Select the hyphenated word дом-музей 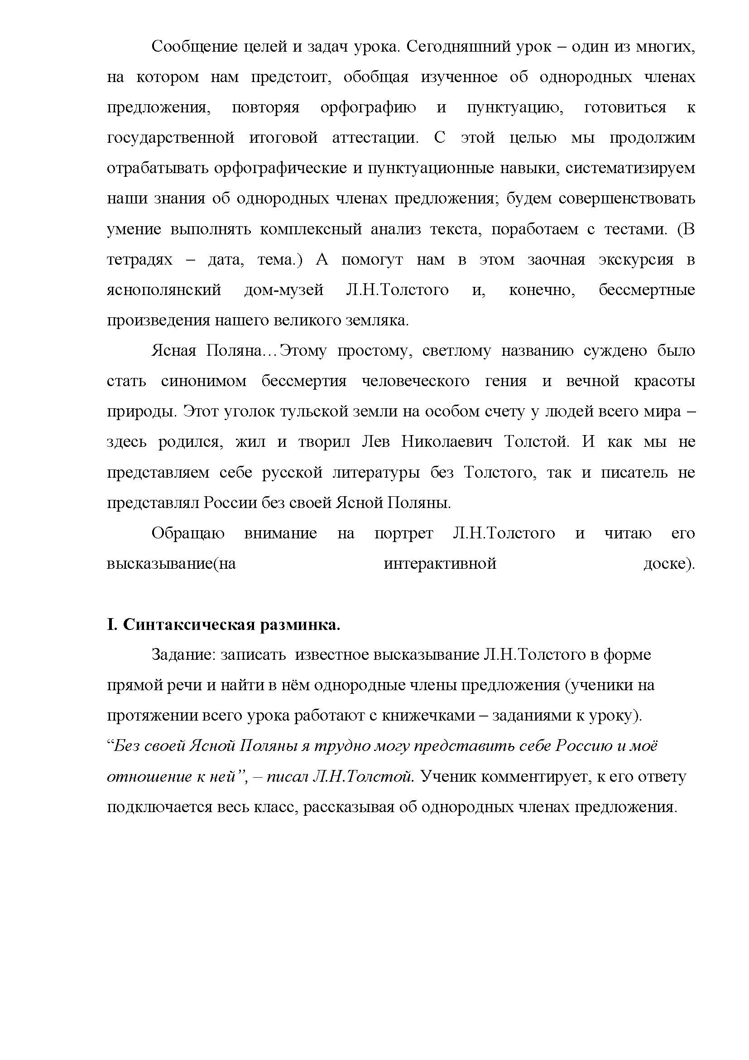pyautogui.click(x=283, y=290)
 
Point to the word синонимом pyautogui.click(x=203, y=381)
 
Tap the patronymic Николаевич pyautogui.click(x=447, y=442)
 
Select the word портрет pyautogui.click(x=403, y=534)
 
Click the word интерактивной pyautogui.click(x=440, y=564)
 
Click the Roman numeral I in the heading pyautogui.click(x=110, y=625)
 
